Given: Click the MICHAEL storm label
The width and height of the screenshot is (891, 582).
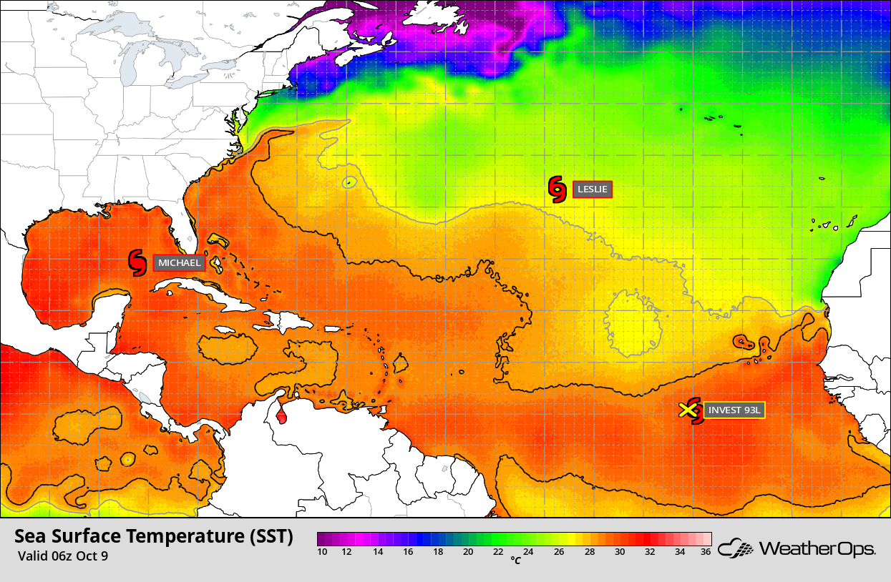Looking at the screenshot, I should coord(179,263).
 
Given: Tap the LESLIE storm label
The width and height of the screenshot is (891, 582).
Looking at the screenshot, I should coord(592,190).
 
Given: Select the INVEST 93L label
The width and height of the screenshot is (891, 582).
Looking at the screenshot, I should coord(734,410).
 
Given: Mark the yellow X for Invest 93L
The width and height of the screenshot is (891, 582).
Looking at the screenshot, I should coord(688,410).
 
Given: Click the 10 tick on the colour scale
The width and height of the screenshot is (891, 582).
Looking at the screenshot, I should coord(322,552).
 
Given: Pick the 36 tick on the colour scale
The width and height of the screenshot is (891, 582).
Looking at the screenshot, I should coord(705,552).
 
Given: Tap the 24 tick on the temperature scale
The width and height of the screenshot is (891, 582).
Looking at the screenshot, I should coord(529,552).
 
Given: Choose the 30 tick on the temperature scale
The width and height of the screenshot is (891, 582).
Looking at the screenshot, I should coord(620,552).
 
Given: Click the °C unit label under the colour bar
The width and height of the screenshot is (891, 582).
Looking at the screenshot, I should coord(515,561).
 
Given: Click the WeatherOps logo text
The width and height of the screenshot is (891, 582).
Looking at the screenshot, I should coord(817,549).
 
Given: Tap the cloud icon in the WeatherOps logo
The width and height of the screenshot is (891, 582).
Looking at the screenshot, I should coord(736,549).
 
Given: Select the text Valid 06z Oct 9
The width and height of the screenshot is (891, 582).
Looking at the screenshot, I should coord(63,556).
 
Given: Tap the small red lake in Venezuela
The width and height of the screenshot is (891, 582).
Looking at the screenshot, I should coord(281,413).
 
